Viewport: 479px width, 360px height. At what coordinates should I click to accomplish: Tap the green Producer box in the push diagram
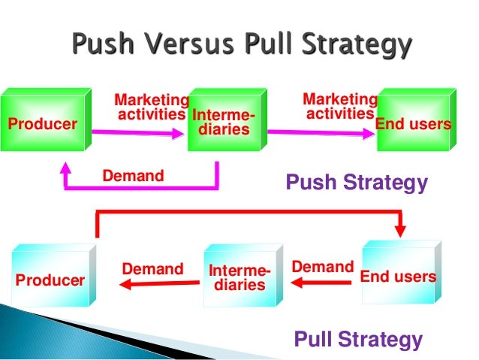pos(42,123)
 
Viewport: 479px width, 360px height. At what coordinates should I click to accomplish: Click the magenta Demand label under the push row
pos(133,177)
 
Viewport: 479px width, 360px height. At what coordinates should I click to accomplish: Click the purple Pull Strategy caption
pos(358,339)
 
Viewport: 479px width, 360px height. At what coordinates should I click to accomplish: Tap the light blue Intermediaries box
pos(239,277)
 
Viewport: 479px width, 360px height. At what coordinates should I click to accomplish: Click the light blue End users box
pos(398,276)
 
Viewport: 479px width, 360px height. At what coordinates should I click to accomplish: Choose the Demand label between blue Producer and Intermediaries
pos(152,269)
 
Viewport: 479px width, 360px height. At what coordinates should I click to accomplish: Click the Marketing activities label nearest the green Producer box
pos(151,107)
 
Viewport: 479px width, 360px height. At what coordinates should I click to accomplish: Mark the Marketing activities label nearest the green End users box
pos(340,106)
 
